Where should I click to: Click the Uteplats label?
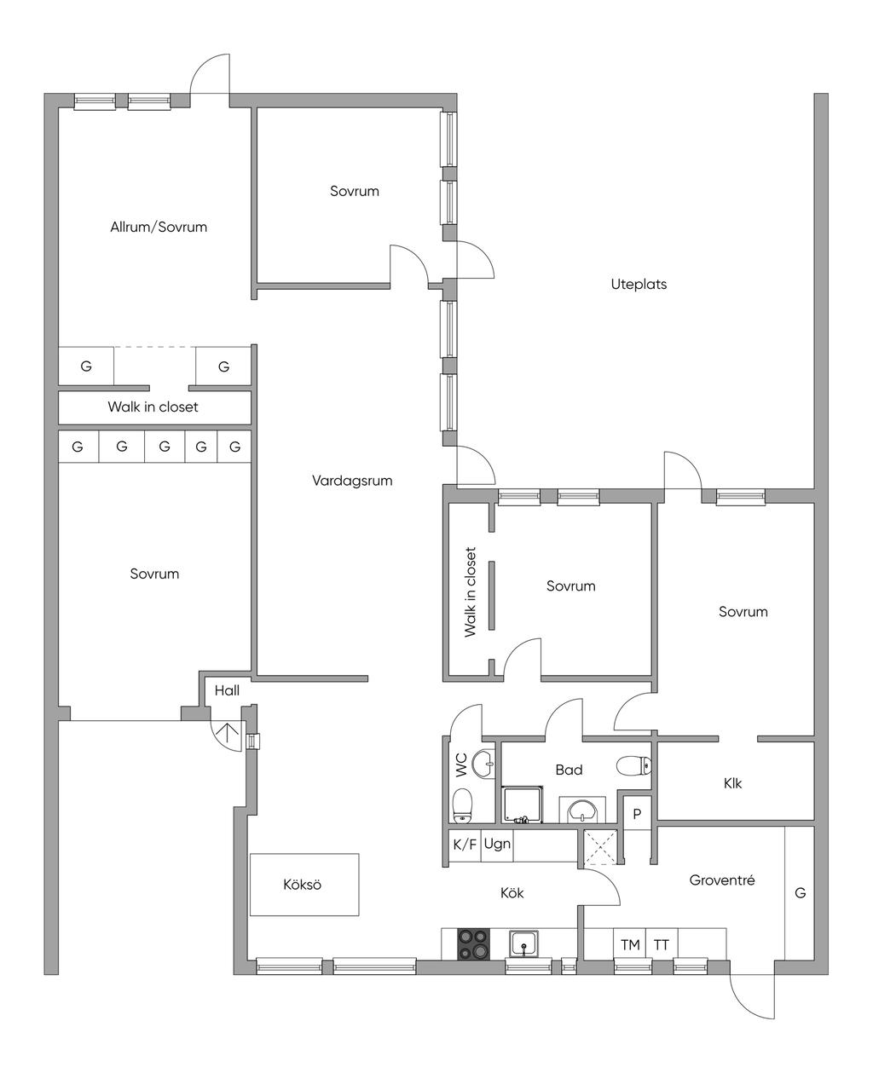pyautogui.click(x=639, y=284)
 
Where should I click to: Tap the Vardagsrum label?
pyautogui.click(x=352, y=481)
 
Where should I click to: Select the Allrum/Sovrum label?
pyautogui.click(x=159, y=227)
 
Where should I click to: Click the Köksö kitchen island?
pyautogui.click(x=304, y=885)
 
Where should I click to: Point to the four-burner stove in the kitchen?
pyautogui.click(x=473, y=943)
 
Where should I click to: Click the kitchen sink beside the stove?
pyautogui.click(x=525, y=943)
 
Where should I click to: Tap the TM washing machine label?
pyautogui.click(x=630, y=945)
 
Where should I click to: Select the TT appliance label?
pyautogui.click(x=661, y=945)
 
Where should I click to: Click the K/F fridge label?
pyautogui.click(x=465, y=845)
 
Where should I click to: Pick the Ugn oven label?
pyautogui.click(x=497, y=845)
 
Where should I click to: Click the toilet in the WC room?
pyautogui.click(x=462, y=806)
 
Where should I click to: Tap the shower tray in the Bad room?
pyautogui.click(x=523, y=805)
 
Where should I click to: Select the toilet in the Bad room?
pyautogui.click(x=633, y=765)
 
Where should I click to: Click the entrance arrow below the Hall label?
pyautogui.click(x=227, y=733)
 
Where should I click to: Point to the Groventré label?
pyautogui.click(x=722, y=880)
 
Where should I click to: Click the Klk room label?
pyautogui.click(x=732, y=783)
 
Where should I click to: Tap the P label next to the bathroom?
pyautogui.click(x=637, y=814)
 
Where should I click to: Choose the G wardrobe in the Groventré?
pyautogui.click(x=800, y=892)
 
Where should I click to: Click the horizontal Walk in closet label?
pyautogui.click(x=153, y=407)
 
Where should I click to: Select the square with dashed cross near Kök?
pyautogui.click(x=600, y=847)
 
